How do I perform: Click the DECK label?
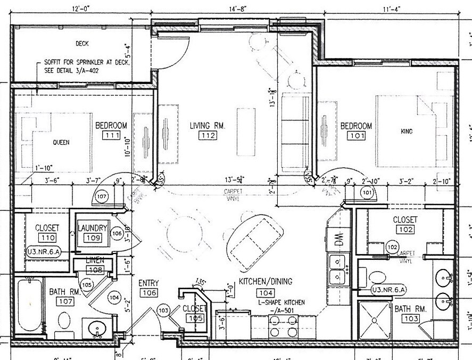pyautogui.click(x=81, y=44)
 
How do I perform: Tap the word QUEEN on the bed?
pyautogui.click(x=61, y=143)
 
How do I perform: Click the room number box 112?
pyautogui.click(x=207, y=136)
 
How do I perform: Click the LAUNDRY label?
pyautogui.click(x=93, y=228)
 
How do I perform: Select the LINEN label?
pyautogui.click(x=95, y=260)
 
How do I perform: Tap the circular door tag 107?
pyautogui.click(x=103, y=197)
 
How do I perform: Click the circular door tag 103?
pyautogui.click(x=164, y=310)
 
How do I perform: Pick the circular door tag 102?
pyautogui.click(x=392, y=247)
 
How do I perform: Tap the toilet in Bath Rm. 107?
pyautogui.click(x=64, y=321)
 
